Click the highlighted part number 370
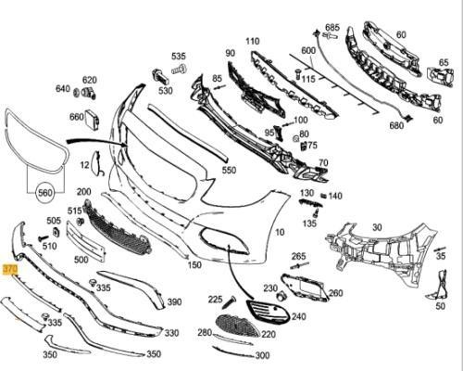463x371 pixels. click(x=10, y=270)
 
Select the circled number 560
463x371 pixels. click(x=44, y=193)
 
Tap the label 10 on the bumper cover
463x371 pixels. click(x=280, y=232)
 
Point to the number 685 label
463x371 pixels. click(x=332, y=28)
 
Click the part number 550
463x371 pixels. click(x=229, y=170)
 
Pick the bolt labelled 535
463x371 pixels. click(x=179, y=69)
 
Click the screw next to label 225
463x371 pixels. click(x=229, y=301)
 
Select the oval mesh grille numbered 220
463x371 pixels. click(x=238, y=326)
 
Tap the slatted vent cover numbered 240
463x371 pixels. click(x=269, y=313)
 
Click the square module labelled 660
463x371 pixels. click(x=93, y=117)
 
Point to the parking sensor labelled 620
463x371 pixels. click(x=89, y=92)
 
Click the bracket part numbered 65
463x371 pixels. click(x=440, y=77)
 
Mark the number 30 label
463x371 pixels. click(x=377, y=227)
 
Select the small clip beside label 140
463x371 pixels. click(x=323, y=196)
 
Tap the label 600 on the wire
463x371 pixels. click(x=308, y=51)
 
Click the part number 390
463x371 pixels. click(x=174, y=301)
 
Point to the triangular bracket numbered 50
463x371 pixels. click(x=440, y=286)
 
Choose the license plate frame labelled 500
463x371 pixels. click(x=86, y=241)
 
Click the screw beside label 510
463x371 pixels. click(x=44, y=238)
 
